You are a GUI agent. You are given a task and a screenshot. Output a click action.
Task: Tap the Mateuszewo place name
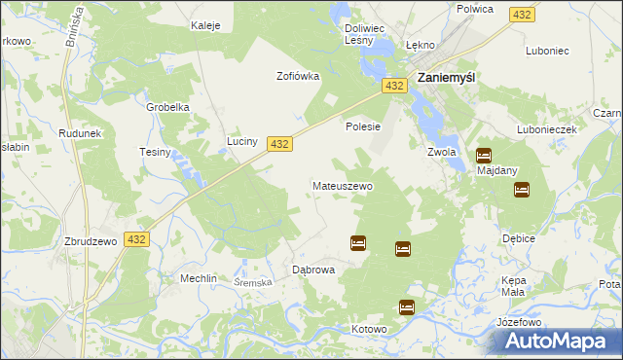point(342,185)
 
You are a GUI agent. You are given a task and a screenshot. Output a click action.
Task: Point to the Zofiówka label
point(298,76)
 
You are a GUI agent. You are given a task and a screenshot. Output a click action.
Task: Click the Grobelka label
point(166,107)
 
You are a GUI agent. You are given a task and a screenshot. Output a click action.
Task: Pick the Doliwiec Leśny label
point(367,35)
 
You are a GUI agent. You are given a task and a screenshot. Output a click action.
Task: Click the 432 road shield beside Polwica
point(522,15)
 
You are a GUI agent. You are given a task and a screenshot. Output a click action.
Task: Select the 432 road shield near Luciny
point(279,143)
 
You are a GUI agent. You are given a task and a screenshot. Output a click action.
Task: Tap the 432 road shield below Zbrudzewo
point(136,239)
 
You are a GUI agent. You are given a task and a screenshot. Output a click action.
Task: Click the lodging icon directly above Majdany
point(484,155)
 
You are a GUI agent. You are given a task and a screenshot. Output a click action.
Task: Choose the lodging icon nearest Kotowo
point(407,307)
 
